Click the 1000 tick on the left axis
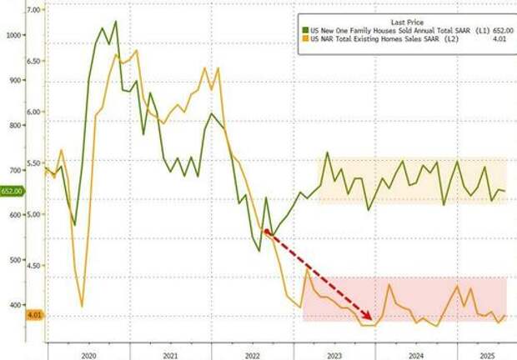tap(13, 35)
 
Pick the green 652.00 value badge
tap(13, 191)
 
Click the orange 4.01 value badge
tap(12, 315)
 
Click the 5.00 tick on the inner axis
tap(35, 214)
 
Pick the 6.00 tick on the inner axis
tap(35, 112)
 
